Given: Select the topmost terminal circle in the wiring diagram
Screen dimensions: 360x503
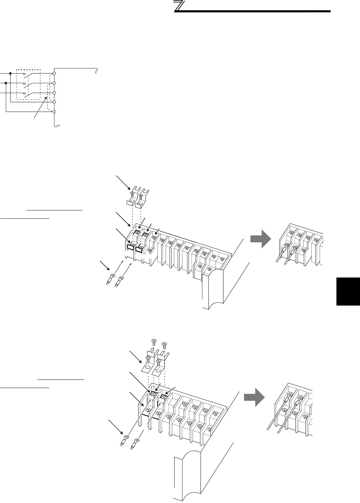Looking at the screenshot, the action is pyautogui.click(x=54, y=74).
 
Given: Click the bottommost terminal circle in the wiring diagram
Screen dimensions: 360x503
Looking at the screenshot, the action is pyautogui.click(x=54, y=112).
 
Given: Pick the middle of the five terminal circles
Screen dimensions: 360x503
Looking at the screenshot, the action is pyautogui.click(x=54, y=93).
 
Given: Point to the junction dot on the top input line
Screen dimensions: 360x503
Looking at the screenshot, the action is pyautogui.click(x=11, y=74).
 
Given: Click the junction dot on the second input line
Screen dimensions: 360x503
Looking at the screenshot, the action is pyautogui.click(x=6, y=83).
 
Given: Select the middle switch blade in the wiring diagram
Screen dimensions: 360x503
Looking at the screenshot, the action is pyautogui.click(x=29, y=84).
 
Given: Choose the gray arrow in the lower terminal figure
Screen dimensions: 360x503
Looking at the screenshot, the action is pyautogui.click(x=255, y=398).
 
